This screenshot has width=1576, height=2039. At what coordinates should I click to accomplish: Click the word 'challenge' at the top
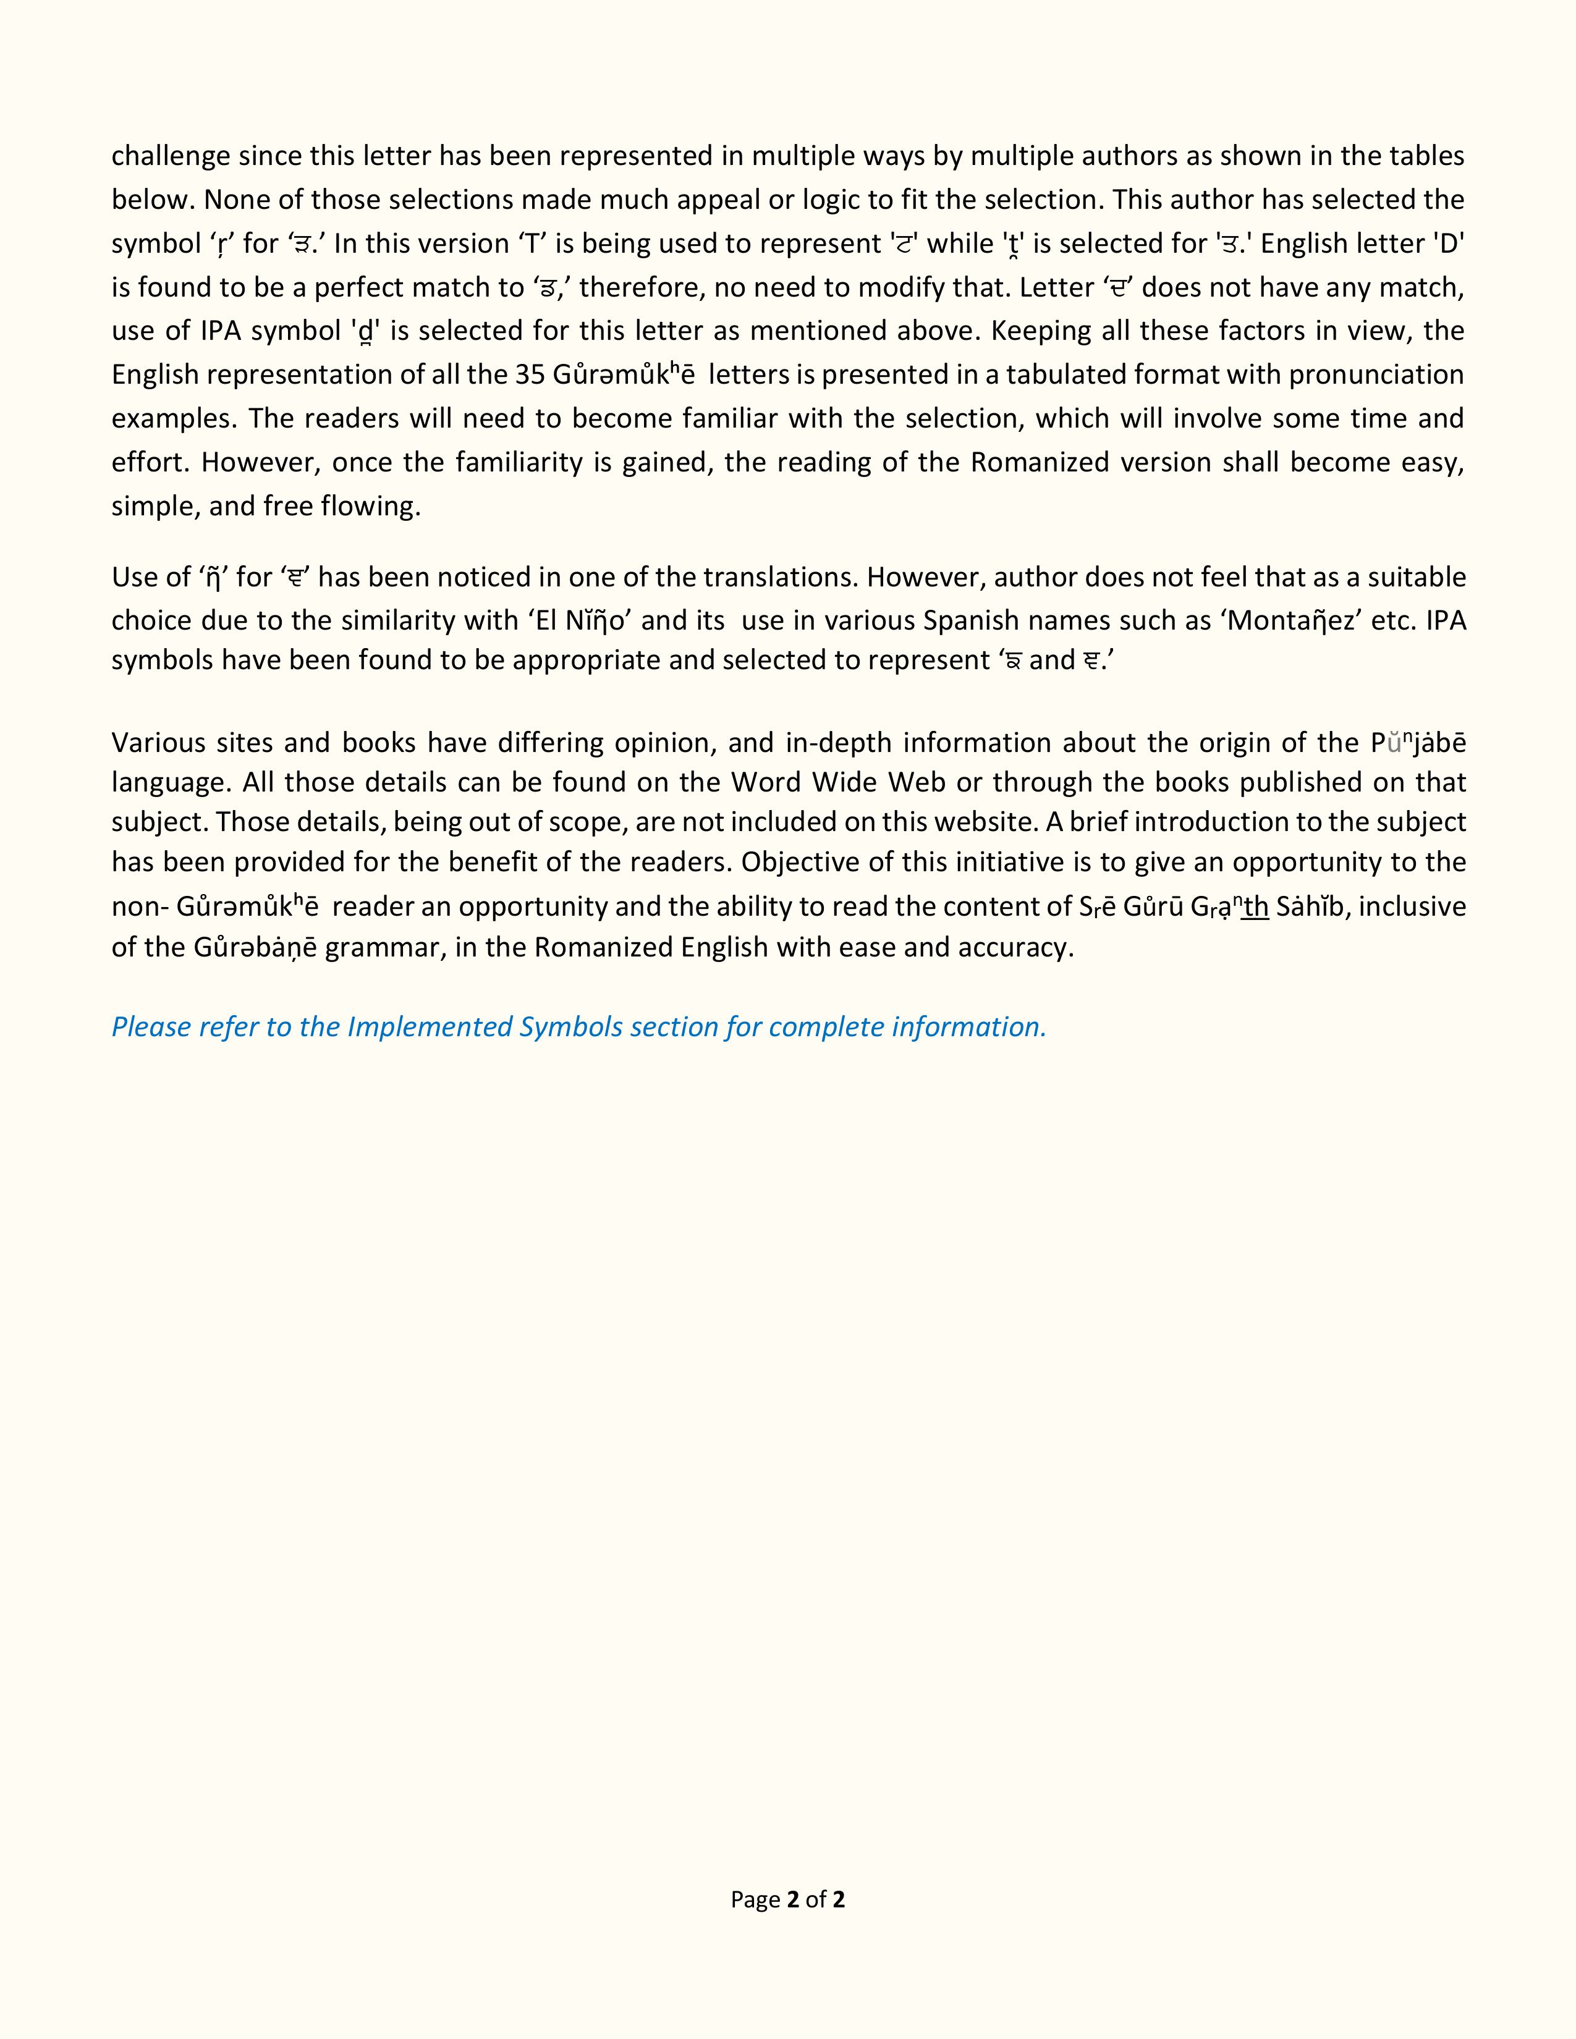(171, 156)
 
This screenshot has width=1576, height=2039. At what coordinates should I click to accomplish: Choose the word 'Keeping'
(1043, 331)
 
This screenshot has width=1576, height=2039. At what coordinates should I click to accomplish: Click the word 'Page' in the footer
(755, 1898)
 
